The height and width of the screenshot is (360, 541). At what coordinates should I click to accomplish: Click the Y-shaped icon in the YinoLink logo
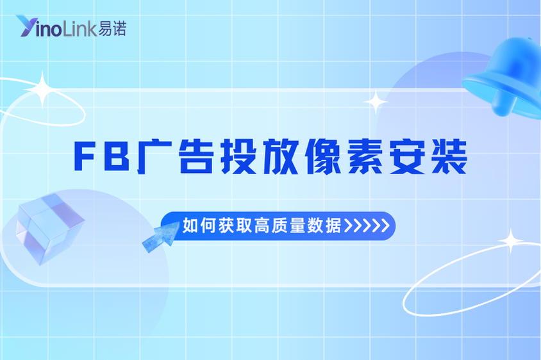click(28, 26)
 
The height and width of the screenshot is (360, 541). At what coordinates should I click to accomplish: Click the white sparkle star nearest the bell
click(375, 102)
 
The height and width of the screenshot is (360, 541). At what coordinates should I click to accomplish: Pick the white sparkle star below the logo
click(44, 90)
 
